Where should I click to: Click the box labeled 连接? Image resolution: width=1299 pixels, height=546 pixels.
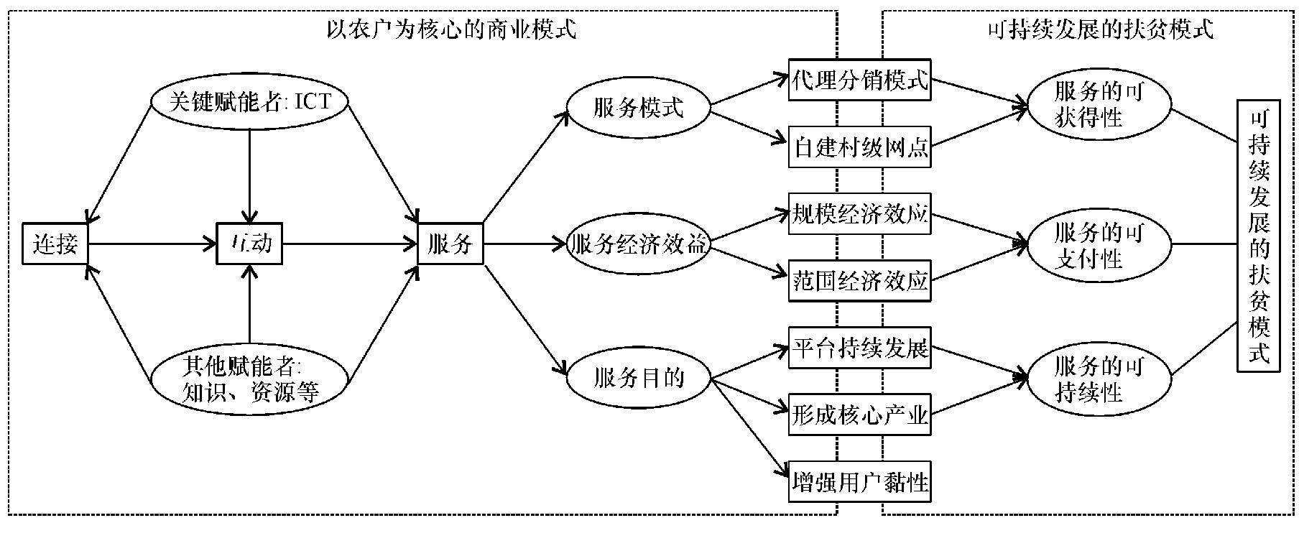55,244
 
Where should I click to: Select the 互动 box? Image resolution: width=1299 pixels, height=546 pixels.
249,244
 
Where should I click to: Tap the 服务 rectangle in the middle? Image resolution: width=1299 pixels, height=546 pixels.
450,244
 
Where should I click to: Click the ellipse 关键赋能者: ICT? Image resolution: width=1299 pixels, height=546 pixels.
249,102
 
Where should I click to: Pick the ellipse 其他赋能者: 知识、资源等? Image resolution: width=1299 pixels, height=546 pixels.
249,379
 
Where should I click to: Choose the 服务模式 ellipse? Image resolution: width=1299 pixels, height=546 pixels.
638,109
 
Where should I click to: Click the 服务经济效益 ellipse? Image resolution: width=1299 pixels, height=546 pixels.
638,244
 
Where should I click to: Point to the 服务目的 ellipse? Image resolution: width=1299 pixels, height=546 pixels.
638,379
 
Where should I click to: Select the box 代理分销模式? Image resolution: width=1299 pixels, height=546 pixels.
859,80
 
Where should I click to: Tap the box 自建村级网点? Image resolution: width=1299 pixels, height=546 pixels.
859,147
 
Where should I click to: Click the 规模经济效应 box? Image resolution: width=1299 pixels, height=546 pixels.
859,214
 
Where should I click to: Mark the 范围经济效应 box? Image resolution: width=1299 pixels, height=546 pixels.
859,280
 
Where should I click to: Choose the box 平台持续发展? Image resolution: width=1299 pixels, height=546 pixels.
859,348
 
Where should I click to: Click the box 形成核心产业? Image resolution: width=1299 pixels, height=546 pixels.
859,415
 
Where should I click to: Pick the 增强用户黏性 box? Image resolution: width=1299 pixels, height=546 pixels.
859,481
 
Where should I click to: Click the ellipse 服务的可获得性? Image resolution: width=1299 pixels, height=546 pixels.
1099,105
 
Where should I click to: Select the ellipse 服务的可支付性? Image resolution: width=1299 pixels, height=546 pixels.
1099,244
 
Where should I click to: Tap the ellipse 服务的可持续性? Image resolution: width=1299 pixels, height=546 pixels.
1099,379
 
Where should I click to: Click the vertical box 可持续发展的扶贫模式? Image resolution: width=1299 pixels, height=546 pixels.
1258,236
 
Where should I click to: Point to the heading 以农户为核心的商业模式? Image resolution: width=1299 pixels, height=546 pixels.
451,30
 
